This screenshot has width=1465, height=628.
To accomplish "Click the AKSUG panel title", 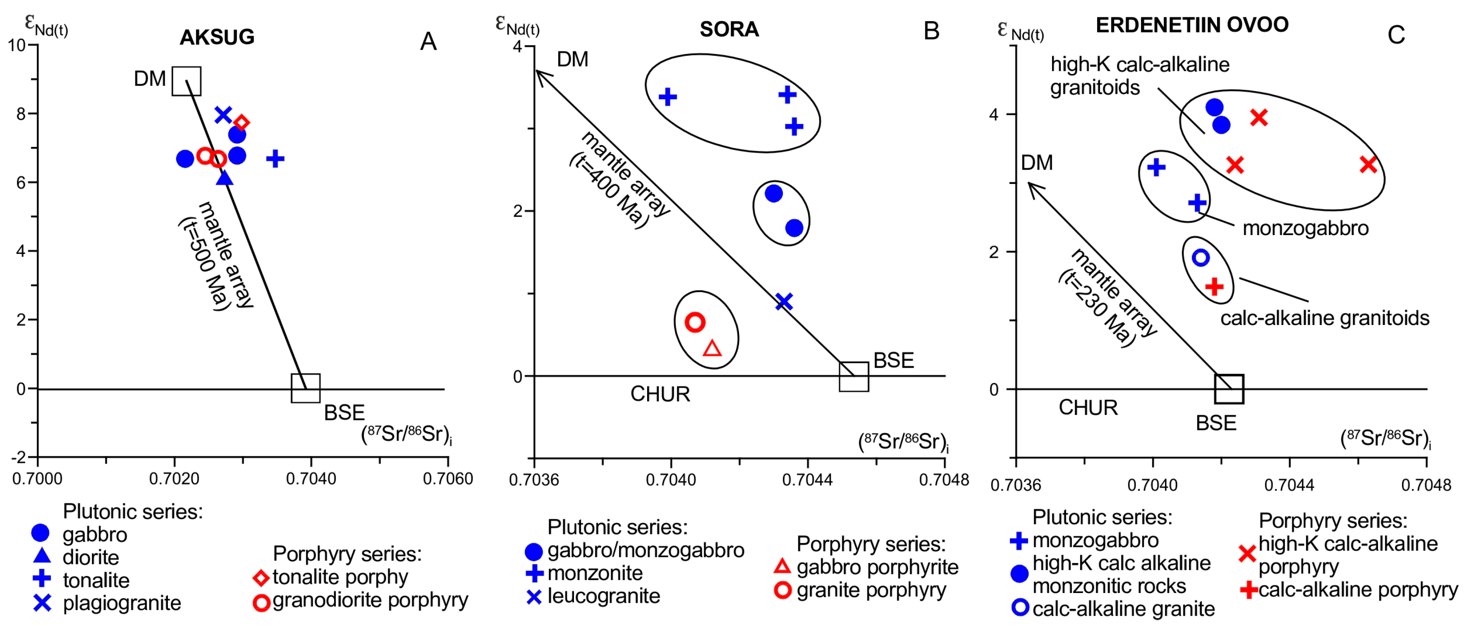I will (x=217, y=37).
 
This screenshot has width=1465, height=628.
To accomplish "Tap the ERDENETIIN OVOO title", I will (x=1191, y=25).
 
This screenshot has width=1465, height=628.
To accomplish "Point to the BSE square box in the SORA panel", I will (x=854, y=377).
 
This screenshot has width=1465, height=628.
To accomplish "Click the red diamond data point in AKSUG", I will (x=242, y=122).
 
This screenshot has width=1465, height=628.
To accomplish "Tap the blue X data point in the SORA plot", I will (x=784, y=301).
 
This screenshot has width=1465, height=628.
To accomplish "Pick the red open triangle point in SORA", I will (x=712, y=348).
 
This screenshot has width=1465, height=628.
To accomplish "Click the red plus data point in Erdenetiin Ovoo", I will (x=1214, y=286).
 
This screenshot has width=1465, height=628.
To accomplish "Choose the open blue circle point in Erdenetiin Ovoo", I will (x=1200, y=258).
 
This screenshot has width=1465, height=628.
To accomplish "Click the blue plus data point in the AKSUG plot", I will (x=275, y=159).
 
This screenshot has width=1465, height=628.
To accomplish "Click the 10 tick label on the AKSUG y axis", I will (x=17, y=45).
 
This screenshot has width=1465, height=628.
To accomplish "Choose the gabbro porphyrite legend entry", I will (x=877, y=567).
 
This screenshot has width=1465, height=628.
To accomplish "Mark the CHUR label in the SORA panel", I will (x=660, y=394).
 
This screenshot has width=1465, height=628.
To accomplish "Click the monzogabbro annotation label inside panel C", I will (x=1305, y=228).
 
